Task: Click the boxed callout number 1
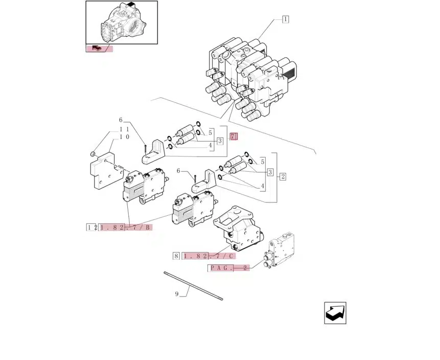285,19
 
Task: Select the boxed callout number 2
283,176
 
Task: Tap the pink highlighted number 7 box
234,137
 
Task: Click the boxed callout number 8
176,256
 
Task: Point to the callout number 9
177,294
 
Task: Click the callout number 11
124,129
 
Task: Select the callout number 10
124,137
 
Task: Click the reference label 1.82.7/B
125,227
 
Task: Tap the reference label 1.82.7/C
209,256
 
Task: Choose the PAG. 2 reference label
229,268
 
